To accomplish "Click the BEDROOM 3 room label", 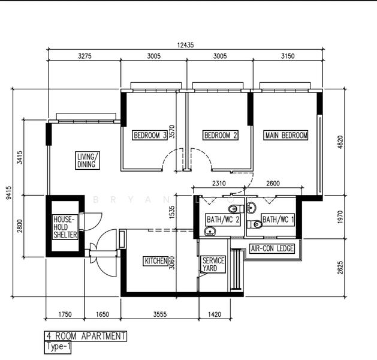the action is coord(150,135).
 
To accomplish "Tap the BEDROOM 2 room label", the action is coord(221,135).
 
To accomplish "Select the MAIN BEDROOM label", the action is coord(286,135).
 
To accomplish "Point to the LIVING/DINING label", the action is coord(88,161).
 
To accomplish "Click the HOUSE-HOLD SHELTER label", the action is coord(65,227).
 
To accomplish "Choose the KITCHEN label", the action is coord(156,261).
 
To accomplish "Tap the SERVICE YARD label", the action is coord(213,264).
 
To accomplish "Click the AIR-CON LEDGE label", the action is coord(272,248).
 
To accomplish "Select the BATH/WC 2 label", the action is coord(223,220).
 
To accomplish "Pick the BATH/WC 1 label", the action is coord(278,220).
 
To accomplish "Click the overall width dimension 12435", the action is coord(185,45).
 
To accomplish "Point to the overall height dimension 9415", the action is coord(8,193).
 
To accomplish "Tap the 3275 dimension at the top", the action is coord(85,56).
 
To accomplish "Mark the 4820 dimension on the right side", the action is coord(340,142).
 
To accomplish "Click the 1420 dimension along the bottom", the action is coord(215,314).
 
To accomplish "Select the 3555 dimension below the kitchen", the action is coord(160,314).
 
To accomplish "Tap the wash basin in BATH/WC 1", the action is coord(251,207).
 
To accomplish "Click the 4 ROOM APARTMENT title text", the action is coord(86,336).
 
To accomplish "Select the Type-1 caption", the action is coord(58,347).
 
